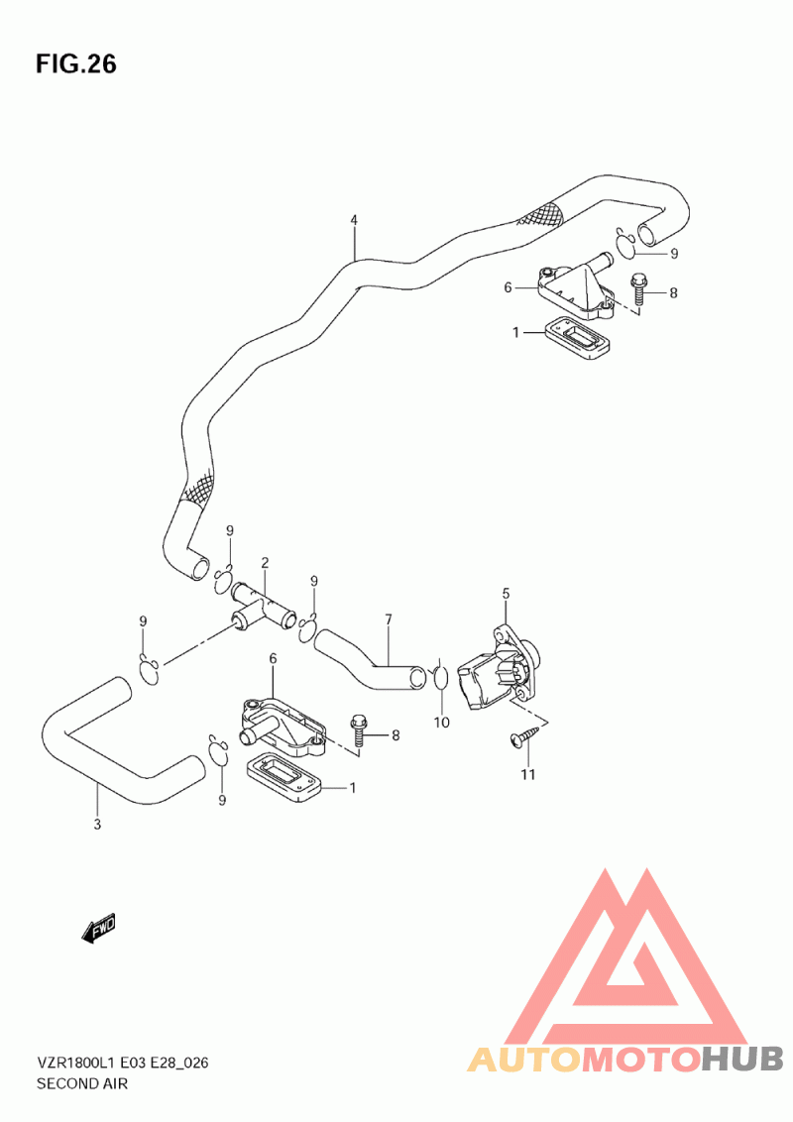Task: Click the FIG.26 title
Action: (x=76, y=64)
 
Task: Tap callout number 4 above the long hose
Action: (x=354, y=220)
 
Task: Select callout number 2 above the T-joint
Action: (x=265, y=562)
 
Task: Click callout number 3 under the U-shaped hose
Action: (x=97, y=825)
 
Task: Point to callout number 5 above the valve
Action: (x=506, y=593)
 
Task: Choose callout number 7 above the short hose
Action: (x=389, y=618)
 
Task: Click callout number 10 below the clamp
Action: (x=441, y=723)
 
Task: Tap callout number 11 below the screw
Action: (x=527, y=774)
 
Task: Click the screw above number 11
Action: (x=524, y=737)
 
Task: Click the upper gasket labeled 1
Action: (x=577, y=340)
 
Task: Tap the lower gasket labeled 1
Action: (x=282, y=776)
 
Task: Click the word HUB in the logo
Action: (x=742, y=1059)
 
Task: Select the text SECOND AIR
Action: (x=82, y=1083)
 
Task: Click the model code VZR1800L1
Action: (x=76, y=1063)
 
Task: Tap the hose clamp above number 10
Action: (x=439, y=676)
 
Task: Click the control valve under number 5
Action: (x=500, y=669)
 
